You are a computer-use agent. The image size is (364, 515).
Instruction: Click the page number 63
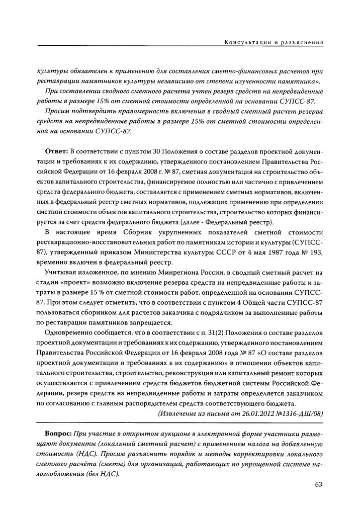[x=317, y=484]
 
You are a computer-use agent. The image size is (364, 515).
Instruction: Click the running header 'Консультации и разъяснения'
[x=274, y=43]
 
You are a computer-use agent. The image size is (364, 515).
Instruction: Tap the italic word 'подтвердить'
[x=90, y=111]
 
